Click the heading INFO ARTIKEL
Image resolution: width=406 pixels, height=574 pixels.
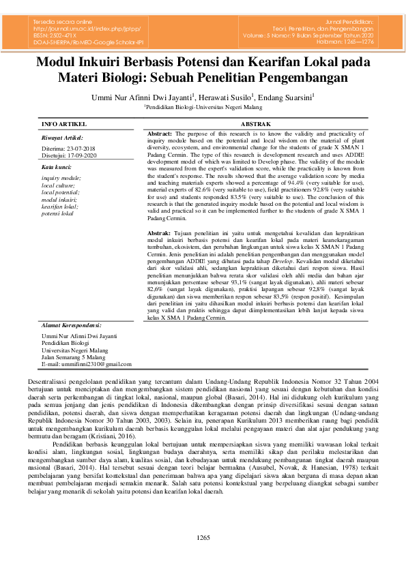[x=64, y=125]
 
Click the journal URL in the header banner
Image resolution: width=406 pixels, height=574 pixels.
[x=84, y=29]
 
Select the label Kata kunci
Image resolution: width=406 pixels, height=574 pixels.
[x=57, y=166]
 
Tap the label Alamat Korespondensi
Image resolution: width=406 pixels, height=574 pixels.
[x=71, y=325]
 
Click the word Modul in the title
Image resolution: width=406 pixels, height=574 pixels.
[x=63, y=63]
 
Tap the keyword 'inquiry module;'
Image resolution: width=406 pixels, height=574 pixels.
[x=61, y=178]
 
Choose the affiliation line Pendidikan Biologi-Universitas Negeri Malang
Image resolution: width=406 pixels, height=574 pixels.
[x=203, y=108]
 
